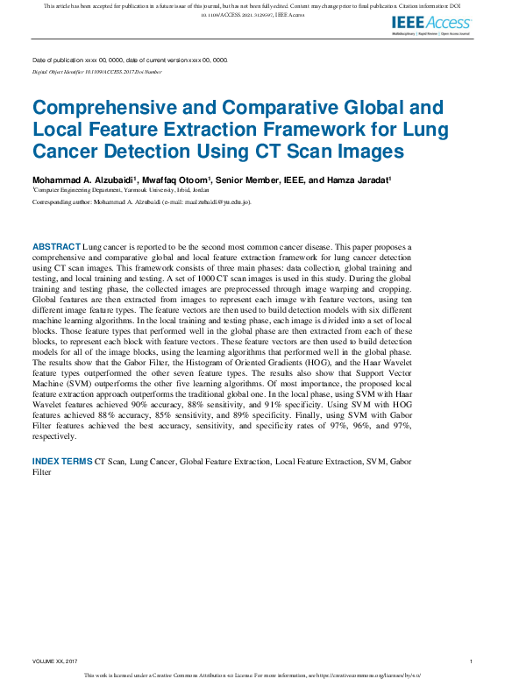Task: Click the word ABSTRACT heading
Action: [56, 248]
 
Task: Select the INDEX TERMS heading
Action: [62, 461]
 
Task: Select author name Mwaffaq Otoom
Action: [174, 180]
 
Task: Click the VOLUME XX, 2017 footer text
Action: [55, 661]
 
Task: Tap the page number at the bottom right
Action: [472, 661]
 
